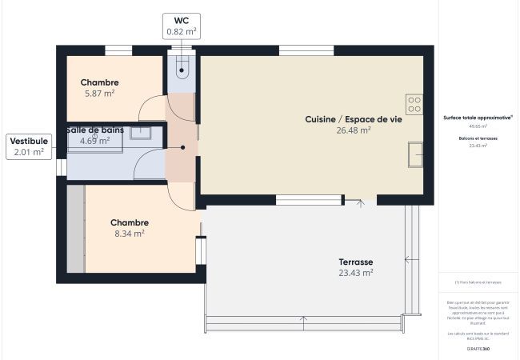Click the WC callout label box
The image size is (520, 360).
tap(182, 26)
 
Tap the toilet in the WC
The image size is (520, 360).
tap(182, 66)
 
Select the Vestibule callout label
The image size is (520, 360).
tap(29, 146)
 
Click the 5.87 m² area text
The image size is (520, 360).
tap(99, 94)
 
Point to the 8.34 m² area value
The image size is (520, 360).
tap(129, 234)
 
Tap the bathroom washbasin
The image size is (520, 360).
tap(142, 134)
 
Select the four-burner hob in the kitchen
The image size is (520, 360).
tap(414, 105)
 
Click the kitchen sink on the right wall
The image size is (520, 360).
tap(415, 154)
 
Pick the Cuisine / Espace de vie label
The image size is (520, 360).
tap(354, 119)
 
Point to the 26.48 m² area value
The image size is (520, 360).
tap(354, 130)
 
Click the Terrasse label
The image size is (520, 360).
tap(356, 262)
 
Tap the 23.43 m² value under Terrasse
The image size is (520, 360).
tap(356, 273)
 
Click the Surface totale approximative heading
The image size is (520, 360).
tap(477, 117)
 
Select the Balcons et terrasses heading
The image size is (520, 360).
tap(477, 138)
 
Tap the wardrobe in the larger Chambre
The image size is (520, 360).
tap(76, 229)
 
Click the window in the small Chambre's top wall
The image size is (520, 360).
tap(118, 50)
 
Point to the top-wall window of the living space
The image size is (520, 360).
tap(306, 50)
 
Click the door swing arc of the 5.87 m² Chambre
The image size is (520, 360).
tap(150, 108)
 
